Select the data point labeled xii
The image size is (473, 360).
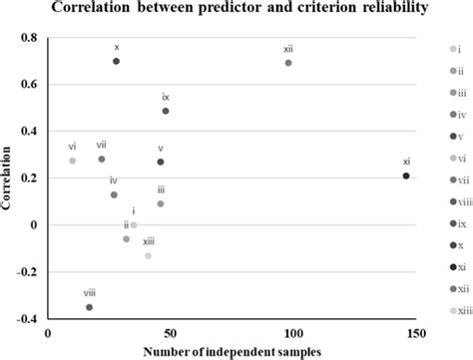(x=288, y=63)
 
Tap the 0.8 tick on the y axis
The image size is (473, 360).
(x=31, y=38)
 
